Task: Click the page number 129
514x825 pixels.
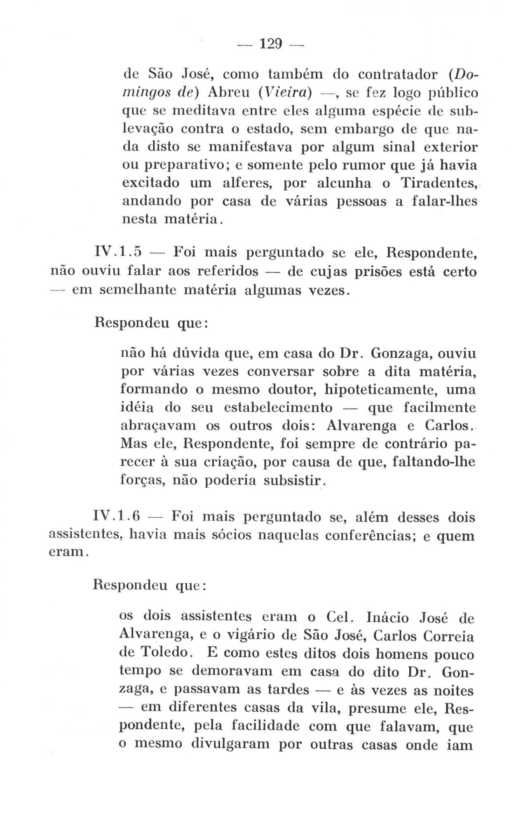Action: point(270,43)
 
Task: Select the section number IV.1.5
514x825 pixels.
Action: point(118,251)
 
